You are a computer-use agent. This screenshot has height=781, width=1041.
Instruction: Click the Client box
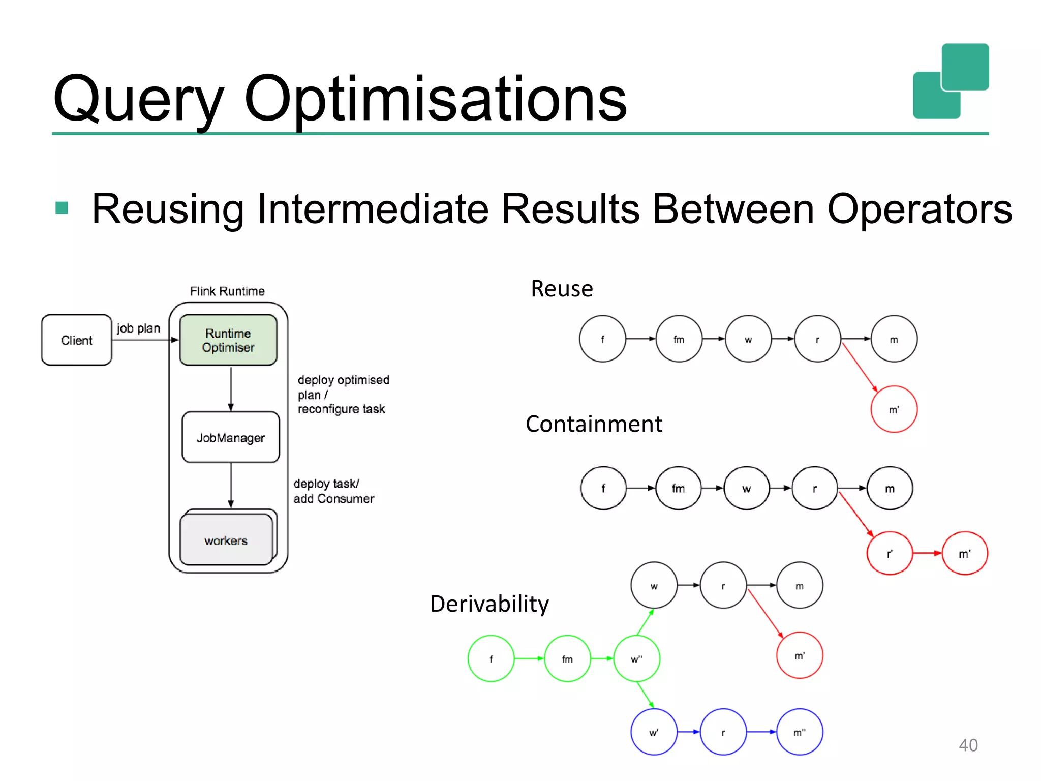[x=77, y=340]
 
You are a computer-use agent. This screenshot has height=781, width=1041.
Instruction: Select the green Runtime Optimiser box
[x=228, y=340]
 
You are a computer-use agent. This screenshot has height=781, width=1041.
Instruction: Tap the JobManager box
[x=231, y=437]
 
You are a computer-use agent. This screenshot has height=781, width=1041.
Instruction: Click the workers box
[x=226, y=540]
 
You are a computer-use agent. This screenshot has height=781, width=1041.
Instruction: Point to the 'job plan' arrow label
[x=138, y=328]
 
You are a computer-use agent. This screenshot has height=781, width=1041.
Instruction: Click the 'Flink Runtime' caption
[x=227, y=291]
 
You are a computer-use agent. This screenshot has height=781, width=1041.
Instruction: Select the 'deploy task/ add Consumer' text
[x=333, y=491]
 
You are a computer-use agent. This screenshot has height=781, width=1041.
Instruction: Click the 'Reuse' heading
[x=562, y=288]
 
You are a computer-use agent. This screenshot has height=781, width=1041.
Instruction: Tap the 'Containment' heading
[x=593, y=424]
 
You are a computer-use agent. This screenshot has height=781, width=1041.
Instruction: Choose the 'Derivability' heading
[x=489, y=604]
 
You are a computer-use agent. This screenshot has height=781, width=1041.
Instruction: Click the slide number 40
[x=968, y=745]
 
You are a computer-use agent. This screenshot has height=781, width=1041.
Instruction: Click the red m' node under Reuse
[x=894, y=409]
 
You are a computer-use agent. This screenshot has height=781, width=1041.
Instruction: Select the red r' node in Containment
[x=890, y=553]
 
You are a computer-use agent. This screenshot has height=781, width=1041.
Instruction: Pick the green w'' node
[x=636, y=658]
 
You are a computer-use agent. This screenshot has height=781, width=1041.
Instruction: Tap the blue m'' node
[x=799, y=732]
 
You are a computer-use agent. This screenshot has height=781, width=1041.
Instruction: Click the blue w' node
[x=654, y=732]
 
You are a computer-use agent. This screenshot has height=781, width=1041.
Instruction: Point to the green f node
[x=491, y=658]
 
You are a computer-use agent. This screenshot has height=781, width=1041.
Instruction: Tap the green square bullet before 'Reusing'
[x=62, y=208]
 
